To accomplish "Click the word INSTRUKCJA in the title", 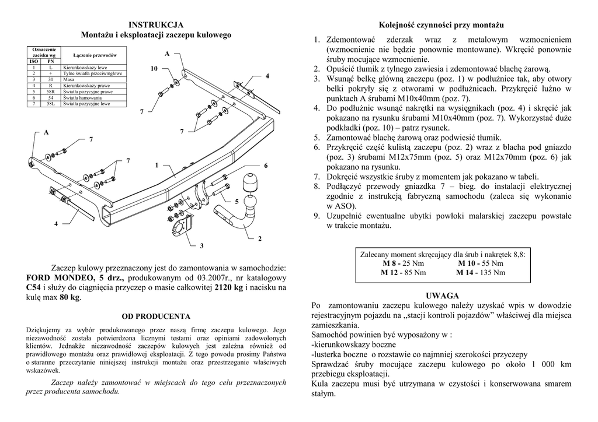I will [x=156, y=24].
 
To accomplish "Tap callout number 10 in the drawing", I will [x=154, y=69].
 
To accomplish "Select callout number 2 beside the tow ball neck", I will [x=260, y=239].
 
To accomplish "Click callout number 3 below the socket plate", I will [x=202, y=246].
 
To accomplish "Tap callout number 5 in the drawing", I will [x=237, y=201].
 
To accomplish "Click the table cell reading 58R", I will [x=51, y=92].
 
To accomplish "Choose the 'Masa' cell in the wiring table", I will [x=68, y=80].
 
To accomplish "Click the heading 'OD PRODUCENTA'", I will [x=156, y=316].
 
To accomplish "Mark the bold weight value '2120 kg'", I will [x=229, y=287].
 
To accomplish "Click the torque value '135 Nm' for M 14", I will [x=493, y=272].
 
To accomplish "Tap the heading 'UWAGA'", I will [x=442, y=296].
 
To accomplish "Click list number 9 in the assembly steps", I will [x=316, y=216].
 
